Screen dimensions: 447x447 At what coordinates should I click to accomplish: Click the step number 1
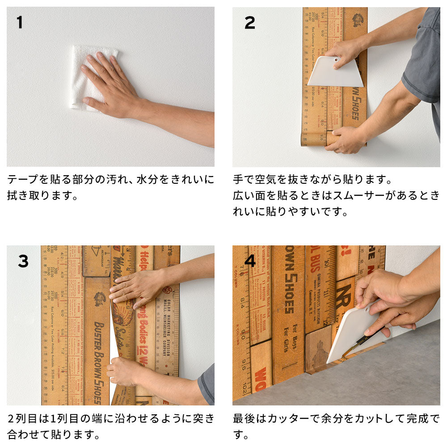19,22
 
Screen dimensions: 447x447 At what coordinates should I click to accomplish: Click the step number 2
249,22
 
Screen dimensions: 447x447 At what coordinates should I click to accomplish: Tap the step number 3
23,261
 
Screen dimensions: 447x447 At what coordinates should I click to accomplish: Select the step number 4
250,261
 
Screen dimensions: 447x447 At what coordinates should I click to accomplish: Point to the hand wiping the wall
110,85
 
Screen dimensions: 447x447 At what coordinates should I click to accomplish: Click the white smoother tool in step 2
335,74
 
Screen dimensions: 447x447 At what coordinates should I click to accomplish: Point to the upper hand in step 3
134,288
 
